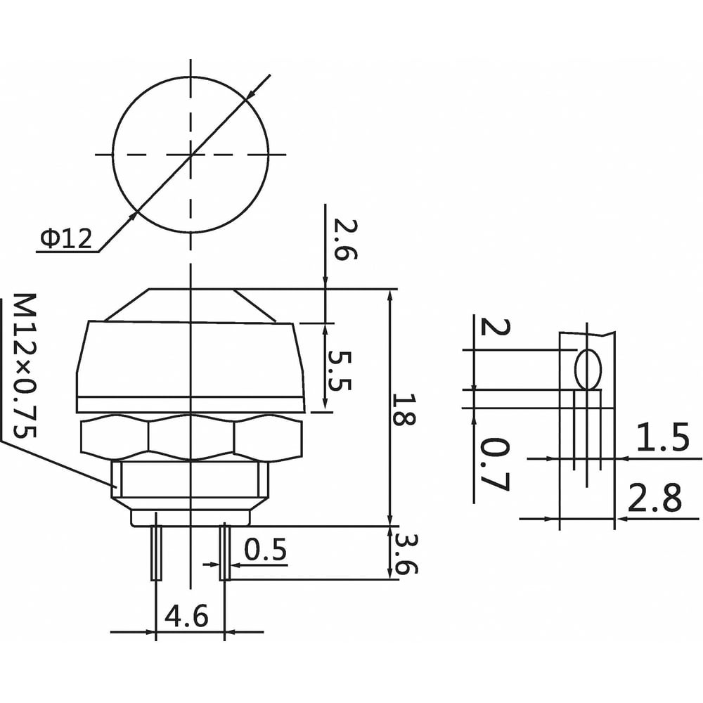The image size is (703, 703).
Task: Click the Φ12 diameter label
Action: (x=66, y=238)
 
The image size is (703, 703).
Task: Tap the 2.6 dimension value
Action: (x=345, y=240)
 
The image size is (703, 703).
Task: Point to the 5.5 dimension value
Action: (x=340, y=370)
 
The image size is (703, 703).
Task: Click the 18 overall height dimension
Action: (x=404, y=408)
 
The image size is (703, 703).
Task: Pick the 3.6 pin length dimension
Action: (x=406, y=554)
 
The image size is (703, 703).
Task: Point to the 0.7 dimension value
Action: (x=494, y=465)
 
